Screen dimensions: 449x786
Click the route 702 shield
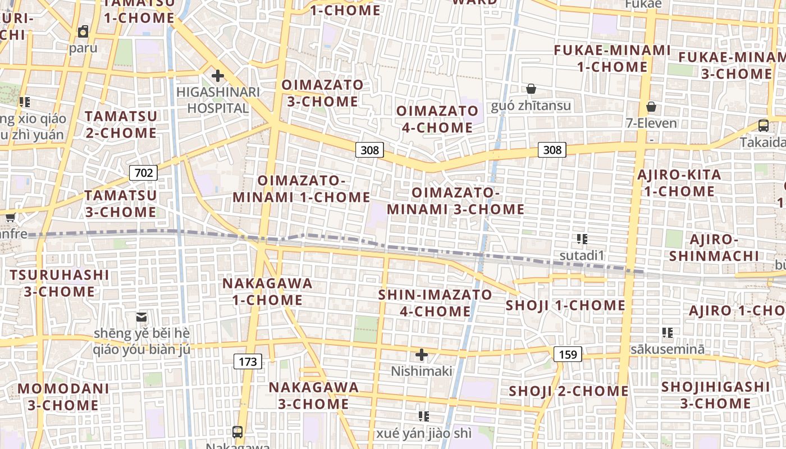click(143, 172)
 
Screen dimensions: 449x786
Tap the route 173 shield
click(248, 361)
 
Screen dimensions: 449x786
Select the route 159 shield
click(568, 354)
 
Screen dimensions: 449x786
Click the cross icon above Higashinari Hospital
click(217, 76)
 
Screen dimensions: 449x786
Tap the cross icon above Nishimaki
click(421, 355)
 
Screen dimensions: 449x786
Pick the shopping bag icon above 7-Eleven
click(651, 107)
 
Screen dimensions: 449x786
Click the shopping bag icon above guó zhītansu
click(531, 89)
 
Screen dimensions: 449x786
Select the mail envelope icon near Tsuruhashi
click(141, 318)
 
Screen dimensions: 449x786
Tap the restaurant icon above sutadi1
click(582, 239)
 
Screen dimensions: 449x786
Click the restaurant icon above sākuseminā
click(667, 333)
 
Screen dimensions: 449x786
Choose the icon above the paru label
click(83, 31)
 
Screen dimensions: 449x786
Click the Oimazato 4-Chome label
click(437, 119)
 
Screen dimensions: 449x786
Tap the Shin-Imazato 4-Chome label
click(435, 303)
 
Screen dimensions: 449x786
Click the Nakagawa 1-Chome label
click(268, 291)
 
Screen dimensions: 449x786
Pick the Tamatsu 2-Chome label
click(121, 125)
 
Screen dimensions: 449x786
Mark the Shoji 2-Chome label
click(568, 391)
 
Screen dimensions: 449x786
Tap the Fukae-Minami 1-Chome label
click(612, 58)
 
